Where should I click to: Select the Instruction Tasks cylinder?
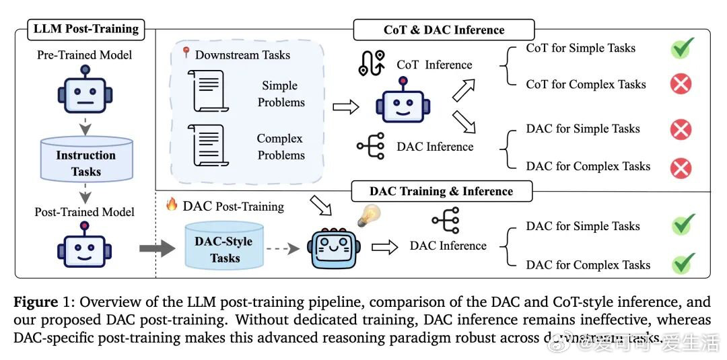(x=85, y=161)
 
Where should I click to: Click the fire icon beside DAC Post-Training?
(x=172, y=205)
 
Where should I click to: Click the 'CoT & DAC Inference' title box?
(x=444, y=30)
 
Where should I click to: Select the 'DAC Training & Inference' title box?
(x=442, y=191)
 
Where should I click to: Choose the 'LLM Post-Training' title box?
(x=86, y=28)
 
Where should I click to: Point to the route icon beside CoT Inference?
(x=372, y=63)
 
